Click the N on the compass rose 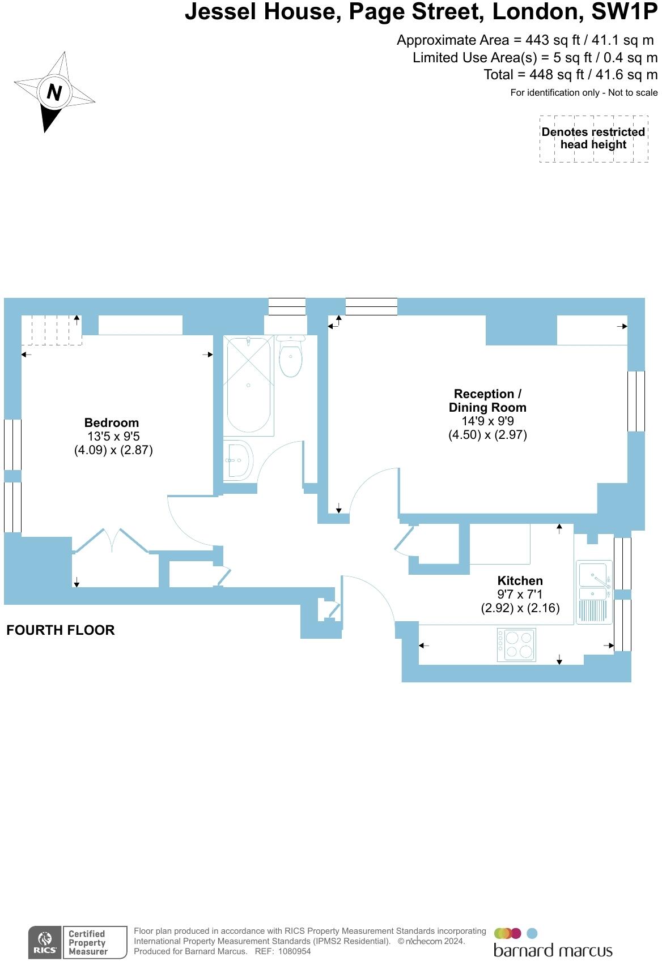[54, 92]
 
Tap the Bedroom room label [111, 422]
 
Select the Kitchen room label [520, 580]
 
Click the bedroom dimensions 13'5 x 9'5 [113, 437]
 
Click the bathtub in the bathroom [248, 385]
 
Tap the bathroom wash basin [237, 460]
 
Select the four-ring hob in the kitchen [516, 644]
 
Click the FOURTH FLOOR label [61, 630]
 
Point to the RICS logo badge [45, 943]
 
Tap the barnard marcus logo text [553, 950]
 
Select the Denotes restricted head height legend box [593, 139]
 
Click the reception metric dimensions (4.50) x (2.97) [487, 435]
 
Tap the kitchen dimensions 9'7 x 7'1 [520, 595]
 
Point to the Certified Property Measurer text [87, 943]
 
